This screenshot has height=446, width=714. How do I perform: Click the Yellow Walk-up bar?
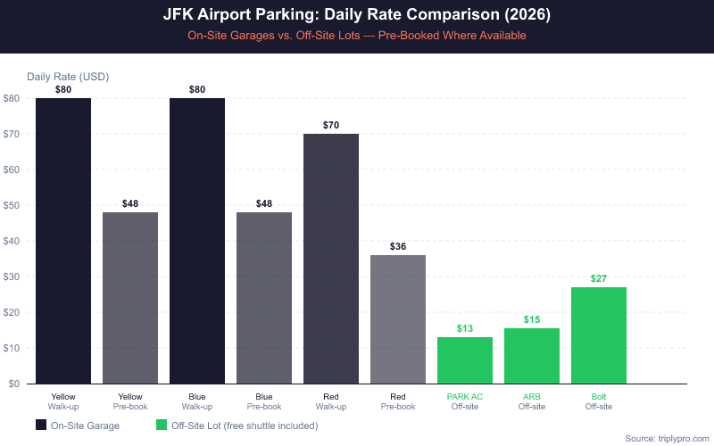[63, 241]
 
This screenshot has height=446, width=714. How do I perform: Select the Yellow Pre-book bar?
[130, 298]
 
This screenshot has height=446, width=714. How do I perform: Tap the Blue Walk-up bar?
[197, 241]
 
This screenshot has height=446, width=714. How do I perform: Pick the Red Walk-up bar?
[331, 259]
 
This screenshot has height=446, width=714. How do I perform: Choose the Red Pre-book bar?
[398, 319]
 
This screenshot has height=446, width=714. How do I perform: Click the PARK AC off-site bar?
[465, 360]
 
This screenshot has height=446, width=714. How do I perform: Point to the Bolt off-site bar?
[599, 335]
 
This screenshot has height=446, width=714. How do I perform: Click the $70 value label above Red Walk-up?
[331, 125]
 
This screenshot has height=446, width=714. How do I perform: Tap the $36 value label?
[398, 246]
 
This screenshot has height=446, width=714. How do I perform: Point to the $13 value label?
[465, 328]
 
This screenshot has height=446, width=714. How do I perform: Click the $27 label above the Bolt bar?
[599, 278]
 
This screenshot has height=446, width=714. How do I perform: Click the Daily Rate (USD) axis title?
[68, 77]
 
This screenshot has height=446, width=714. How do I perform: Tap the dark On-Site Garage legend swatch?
[41, 425]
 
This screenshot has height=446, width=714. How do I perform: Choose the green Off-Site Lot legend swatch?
[162, 425]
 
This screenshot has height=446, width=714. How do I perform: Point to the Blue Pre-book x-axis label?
[264, 401]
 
